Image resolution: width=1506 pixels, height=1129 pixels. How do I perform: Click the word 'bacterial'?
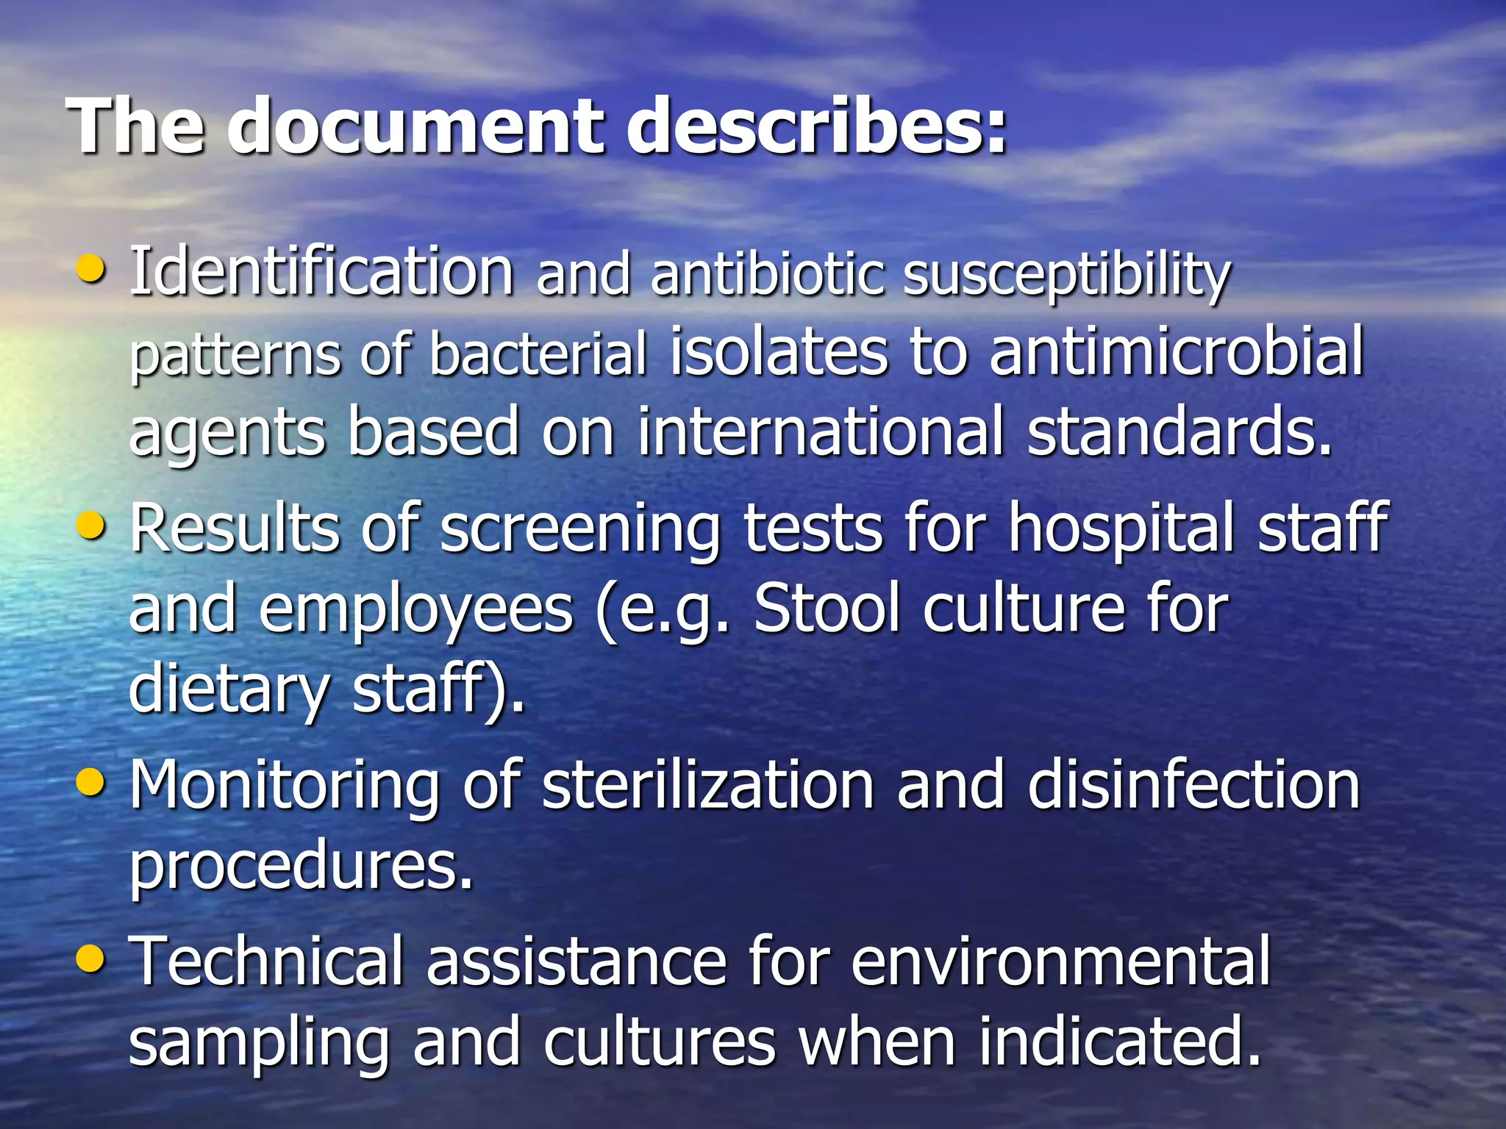click(x=538, y=354)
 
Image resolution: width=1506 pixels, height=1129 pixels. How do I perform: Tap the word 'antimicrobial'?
click(x=1177, y=351)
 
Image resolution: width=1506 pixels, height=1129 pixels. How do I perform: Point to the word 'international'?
click(x=821, y=431)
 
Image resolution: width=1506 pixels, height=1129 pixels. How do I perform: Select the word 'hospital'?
click(x=1121, y=529)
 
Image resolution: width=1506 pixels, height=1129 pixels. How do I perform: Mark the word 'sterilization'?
click(x=707, y=785)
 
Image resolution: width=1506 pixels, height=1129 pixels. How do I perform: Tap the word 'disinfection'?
click(x=1193, y=785)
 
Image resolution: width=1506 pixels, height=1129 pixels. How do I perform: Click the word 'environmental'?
click(x=1060, y=961)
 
